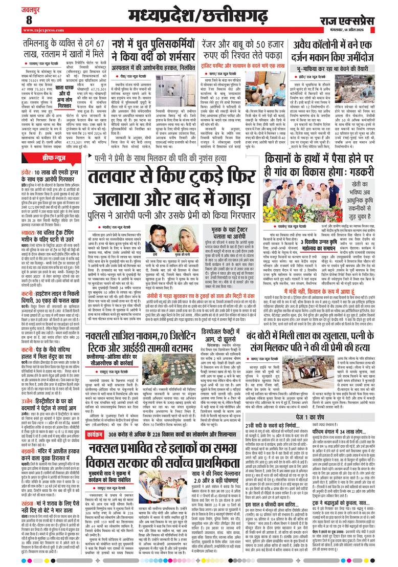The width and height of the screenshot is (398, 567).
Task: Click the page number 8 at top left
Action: coord(29,19)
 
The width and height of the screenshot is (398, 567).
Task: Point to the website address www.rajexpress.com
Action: coord(41,30)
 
